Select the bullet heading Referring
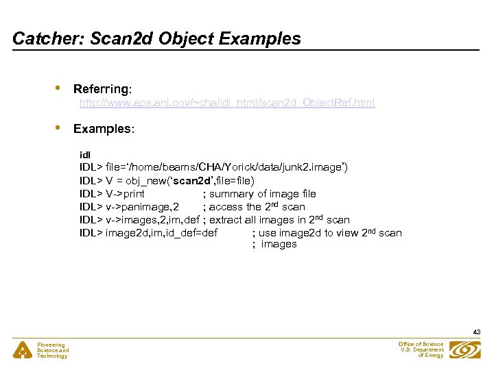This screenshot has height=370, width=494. click(x=102, y=89)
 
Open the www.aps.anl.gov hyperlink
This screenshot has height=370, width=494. click(x=227, y=103)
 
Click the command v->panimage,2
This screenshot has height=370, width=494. click(x=143, y=207)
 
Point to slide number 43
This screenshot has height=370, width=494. click(x=476, y=332)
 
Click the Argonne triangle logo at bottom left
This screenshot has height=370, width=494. click(x=23, y=350)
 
